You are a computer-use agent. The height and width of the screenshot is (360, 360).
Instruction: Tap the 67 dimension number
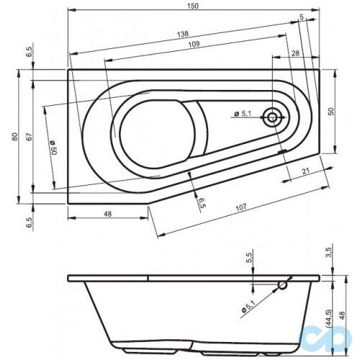pos(28,137)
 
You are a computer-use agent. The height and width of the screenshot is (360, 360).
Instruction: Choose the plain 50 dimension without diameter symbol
pos(332,112)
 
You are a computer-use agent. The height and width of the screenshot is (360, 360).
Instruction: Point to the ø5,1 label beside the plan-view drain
pos(242,114)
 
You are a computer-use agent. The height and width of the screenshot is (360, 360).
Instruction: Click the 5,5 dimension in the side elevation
pos(249,256)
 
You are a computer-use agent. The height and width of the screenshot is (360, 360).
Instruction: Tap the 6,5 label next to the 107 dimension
pos(201,203)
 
